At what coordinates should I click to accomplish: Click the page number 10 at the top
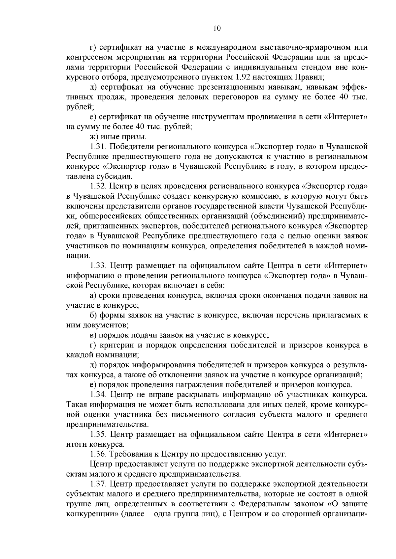click(217, 28)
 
